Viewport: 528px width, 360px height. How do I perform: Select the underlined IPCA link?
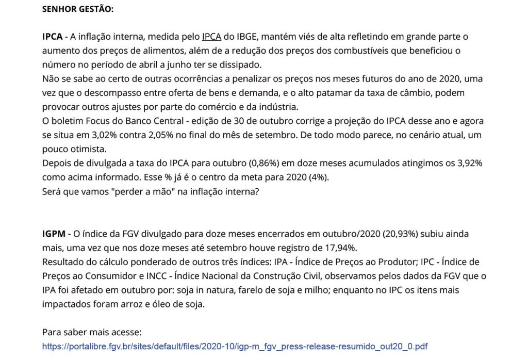(211, 37)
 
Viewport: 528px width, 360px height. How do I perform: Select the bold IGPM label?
(54, 234)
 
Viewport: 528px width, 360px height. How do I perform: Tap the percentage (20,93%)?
(399, 234)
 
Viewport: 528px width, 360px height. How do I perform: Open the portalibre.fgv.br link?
(235, 346)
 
